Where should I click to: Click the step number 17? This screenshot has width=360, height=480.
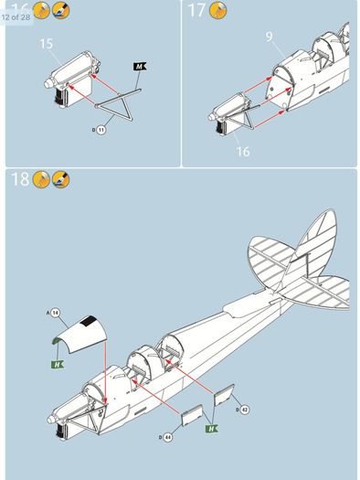pos(196,10)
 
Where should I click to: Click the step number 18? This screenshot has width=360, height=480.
pos(20,179)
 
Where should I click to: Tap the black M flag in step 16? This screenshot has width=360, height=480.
pos(140,67)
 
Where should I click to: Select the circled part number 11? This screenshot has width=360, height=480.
pos(101,130)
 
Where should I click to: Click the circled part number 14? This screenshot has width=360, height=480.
pos(55,313)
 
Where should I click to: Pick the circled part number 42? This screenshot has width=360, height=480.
pos(245,410)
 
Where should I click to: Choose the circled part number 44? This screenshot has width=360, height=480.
pos(167,437)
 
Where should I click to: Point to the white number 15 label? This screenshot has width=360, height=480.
pos(47,44)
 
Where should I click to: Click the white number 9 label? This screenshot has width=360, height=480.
pos(269,37)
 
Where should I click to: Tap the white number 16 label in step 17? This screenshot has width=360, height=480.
pos(243,151)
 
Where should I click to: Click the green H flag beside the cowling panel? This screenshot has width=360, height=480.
pos(58,364)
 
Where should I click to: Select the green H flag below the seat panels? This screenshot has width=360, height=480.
pos(212,429)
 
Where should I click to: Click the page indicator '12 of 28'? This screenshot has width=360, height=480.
pos(16,17)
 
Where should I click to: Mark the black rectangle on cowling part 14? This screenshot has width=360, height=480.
pos(89,321)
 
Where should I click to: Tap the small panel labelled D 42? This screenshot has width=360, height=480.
pos(225,395)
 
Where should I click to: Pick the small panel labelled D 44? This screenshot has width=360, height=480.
pos(192,415)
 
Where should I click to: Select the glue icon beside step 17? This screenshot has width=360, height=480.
pos(217,10)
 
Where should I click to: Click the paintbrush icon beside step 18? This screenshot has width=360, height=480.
pos(60,179)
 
